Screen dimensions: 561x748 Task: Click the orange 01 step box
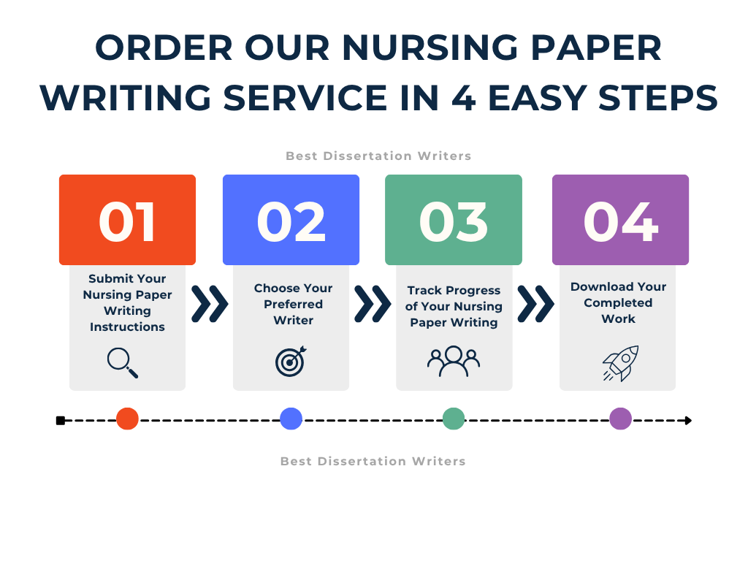pyautogui.click(x=127, y=220)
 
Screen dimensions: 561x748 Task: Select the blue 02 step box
pyautogui.click(x=291, y=220)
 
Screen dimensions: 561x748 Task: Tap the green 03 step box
pyautogui.click(x=453, y=220)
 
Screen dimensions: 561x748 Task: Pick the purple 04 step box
pyautogui.click(x=620, y=220)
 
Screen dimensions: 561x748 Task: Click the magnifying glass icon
pyautogui.click(x=122, y=362)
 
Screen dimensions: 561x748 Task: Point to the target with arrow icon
pyautogui.click(x=291, y=361)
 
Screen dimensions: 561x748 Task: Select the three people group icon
pyautogui.click(x=453, y=361)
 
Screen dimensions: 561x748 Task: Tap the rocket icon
pyautogui.click(x=621, y=363)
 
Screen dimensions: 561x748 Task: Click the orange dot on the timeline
pyautogui.click(x=127, y=419)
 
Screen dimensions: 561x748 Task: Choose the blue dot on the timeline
pyautogui.click(x=291, y=419)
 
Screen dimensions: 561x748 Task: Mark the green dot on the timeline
pyautogui.click(x=454, y=419)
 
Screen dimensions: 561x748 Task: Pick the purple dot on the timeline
pyautogui.click(x=620, y=419)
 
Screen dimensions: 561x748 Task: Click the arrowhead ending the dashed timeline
pyautogui.click(x=687, y=420)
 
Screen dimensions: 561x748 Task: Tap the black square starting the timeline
pyautogui.click(x=61, y=420)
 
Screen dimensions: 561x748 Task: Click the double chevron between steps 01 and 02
pyautogui.click(x=210, y=304)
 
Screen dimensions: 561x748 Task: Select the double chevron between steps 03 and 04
pyautogui.click(x=535, y=304)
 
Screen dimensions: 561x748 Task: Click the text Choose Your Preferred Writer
pyautogui.click(x=293, y=304)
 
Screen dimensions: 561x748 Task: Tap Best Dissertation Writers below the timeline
pyautogui.click(x=373, y=462)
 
